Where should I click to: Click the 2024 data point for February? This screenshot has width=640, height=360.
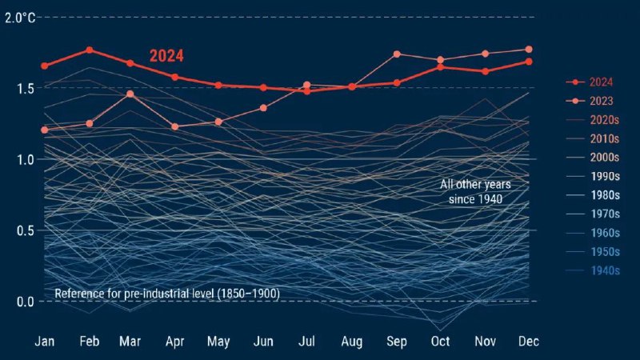pos(90,50)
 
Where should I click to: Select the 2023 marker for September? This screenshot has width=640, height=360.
pos(397,54)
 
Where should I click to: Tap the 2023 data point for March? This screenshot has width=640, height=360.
pos(130,94)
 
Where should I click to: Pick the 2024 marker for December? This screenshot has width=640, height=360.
pos(529,62)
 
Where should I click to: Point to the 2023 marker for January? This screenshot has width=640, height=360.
pos(45,130)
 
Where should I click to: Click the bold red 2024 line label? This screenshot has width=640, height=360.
pos(166,56)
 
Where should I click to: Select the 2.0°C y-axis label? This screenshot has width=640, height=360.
pos(19,17)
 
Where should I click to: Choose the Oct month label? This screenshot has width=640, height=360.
pos(440,342)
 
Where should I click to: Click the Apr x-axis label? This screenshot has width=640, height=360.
pos(175,342)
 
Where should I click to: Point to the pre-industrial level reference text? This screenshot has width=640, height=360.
pos(166,294)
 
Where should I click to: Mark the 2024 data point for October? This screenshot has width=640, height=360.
pos(440,67)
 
